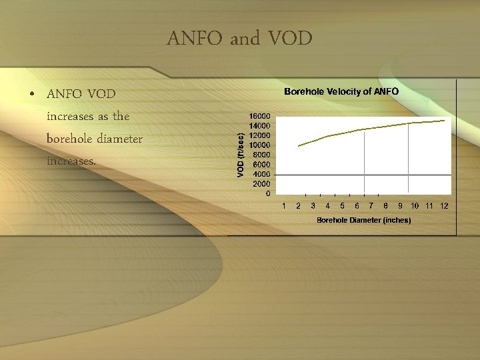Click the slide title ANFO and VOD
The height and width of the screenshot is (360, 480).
pos(239,39)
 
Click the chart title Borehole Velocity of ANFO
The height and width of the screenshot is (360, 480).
pos(341,91)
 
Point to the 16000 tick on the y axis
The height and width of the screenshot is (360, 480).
pos(260,116)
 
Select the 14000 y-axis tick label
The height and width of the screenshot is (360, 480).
pos(260,125)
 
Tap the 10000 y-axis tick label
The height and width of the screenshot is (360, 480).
pos(260,145)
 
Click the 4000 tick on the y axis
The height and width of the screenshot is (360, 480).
pos(262,174)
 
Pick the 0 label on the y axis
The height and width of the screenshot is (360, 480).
pos(268,193)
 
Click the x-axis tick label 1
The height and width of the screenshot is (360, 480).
pos(284,205)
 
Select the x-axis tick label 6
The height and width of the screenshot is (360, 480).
pos(357,205)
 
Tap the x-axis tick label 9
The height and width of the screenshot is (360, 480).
pos(400,205)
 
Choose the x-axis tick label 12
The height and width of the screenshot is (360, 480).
pos(444,205)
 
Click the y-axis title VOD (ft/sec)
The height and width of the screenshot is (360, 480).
pos(241,153)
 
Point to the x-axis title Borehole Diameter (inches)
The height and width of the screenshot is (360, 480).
pos(363,220)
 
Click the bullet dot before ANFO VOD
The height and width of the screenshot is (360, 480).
pos(32,94)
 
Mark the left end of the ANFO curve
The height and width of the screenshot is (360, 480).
pos(299,145)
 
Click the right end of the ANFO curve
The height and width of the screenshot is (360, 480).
pos(444,121)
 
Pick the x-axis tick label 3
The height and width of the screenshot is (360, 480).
pos(313,205)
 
